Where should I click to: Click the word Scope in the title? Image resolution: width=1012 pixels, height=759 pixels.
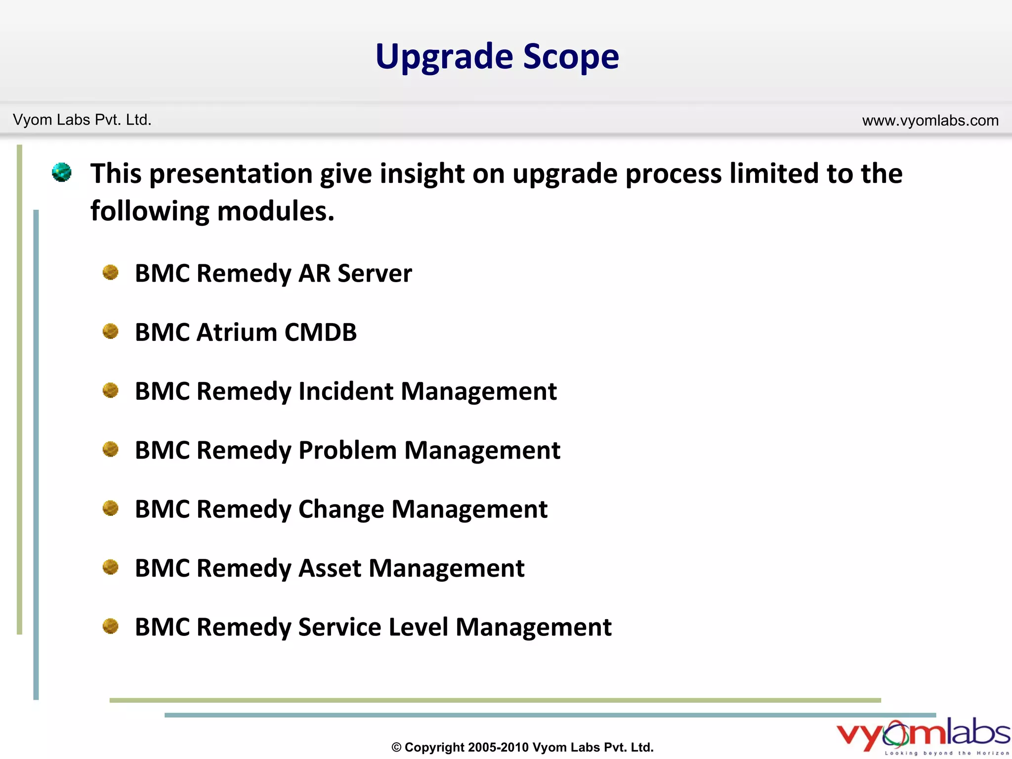point(571,57)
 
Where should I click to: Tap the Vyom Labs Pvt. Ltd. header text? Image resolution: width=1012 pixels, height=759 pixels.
point(82,120)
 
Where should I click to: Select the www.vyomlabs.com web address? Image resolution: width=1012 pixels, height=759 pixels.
point(930,120)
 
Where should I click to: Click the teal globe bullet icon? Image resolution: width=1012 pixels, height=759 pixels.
point(62,172)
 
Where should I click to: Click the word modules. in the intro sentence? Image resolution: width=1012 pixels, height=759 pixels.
point(276,211)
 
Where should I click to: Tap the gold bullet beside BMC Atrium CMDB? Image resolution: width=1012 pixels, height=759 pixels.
point(110,331)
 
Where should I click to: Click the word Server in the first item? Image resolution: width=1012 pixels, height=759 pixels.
point(375,273)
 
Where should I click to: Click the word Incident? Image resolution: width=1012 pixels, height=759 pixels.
point(346,391)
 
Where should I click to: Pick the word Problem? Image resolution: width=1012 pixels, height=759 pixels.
point(347,451)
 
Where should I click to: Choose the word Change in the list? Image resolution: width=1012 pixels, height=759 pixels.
point(341,509)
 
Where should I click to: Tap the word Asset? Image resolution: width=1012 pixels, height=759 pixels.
point(330,568)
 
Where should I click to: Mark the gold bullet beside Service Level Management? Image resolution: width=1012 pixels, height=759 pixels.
point(110,626)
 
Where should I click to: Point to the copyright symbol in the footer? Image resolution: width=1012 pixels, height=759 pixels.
point(396,748)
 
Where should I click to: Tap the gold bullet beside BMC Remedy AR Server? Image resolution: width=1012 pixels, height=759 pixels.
point(110,272)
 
